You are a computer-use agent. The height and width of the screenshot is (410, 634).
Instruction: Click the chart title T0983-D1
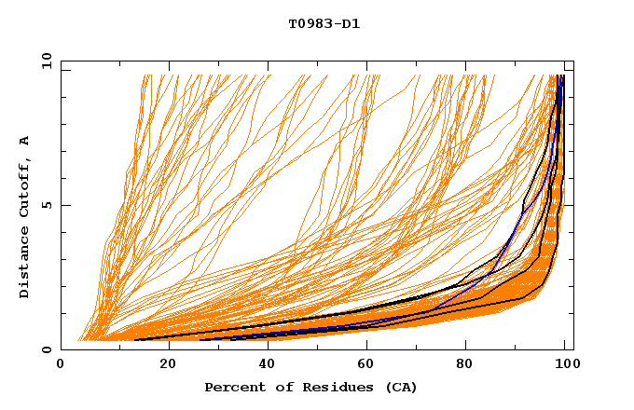point(324,23)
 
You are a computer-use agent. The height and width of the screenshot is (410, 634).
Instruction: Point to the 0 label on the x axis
point(61,365)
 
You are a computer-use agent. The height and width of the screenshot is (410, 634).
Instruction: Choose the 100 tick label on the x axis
point(564,365)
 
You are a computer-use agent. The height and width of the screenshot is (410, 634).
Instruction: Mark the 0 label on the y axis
point(46,349)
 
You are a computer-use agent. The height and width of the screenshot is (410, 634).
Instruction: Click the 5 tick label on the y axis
point(46,205)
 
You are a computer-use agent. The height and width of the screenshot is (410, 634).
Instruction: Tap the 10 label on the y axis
point(44,61)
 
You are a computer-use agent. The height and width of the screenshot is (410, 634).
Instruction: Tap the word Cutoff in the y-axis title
point(25,191)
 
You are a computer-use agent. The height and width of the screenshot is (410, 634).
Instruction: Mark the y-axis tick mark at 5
point(63,205)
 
